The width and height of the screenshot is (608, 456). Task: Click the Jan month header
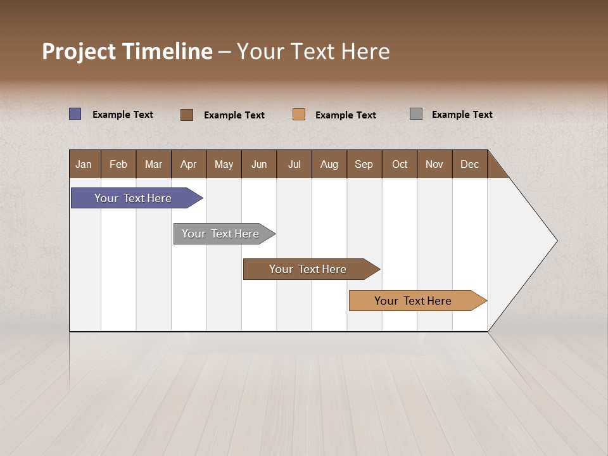click(x=84, y=164)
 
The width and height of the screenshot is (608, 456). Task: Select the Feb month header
click(x=118, y=164)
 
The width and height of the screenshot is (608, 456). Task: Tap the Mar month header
click(x=153, y=164)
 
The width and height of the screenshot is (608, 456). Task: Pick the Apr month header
click(x=189, y=164)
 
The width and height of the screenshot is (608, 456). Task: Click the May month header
click(x=224, y=164)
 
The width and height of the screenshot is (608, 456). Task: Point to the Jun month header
click(x=259, y=164)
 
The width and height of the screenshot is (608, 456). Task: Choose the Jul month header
click(x=294, y=164)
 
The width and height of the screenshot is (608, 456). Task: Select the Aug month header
click(x=329, y=164)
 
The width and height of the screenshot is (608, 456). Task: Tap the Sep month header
click(x=364, y=164)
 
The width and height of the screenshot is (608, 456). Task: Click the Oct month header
click(x=400, y=164)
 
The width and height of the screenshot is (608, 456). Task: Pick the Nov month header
click(x=434, y=164)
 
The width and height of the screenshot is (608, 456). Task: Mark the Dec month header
click(x=470, y=164)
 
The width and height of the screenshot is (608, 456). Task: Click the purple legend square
click(x=75, y=114)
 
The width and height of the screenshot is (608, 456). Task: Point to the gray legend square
click(x=416, y=114)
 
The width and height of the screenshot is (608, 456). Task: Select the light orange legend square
click(x=299, y=114)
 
